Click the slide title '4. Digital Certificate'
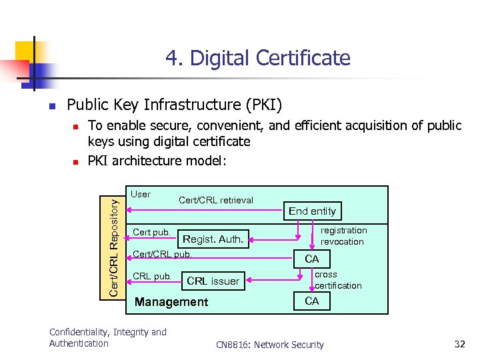pos(257,58)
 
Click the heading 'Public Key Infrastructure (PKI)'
pos(175,105)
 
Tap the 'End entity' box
pos(312,211)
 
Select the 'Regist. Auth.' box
pos(213,239)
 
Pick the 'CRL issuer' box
pos(213,281)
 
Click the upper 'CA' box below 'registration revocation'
pos(312,259)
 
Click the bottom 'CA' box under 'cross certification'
pos(312,301)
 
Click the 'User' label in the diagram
pos(141,195)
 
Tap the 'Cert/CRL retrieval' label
pos(216,199)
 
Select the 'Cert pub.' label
pos(152,233)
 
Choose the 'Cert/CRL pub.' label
pos(162,254)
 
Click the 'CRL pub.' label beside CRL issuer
pos(152,276)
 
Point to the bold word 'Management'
pos(171,302)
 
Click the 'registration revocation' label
pos(343,236)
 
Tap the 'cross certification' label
pos(338,280)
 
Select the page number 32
pos(459,344)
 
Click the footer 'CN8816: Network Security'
pos(270,345)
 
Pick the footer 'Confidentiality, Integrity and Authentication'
pos(108,337)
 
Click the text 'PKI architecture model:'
pos(157,160)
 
